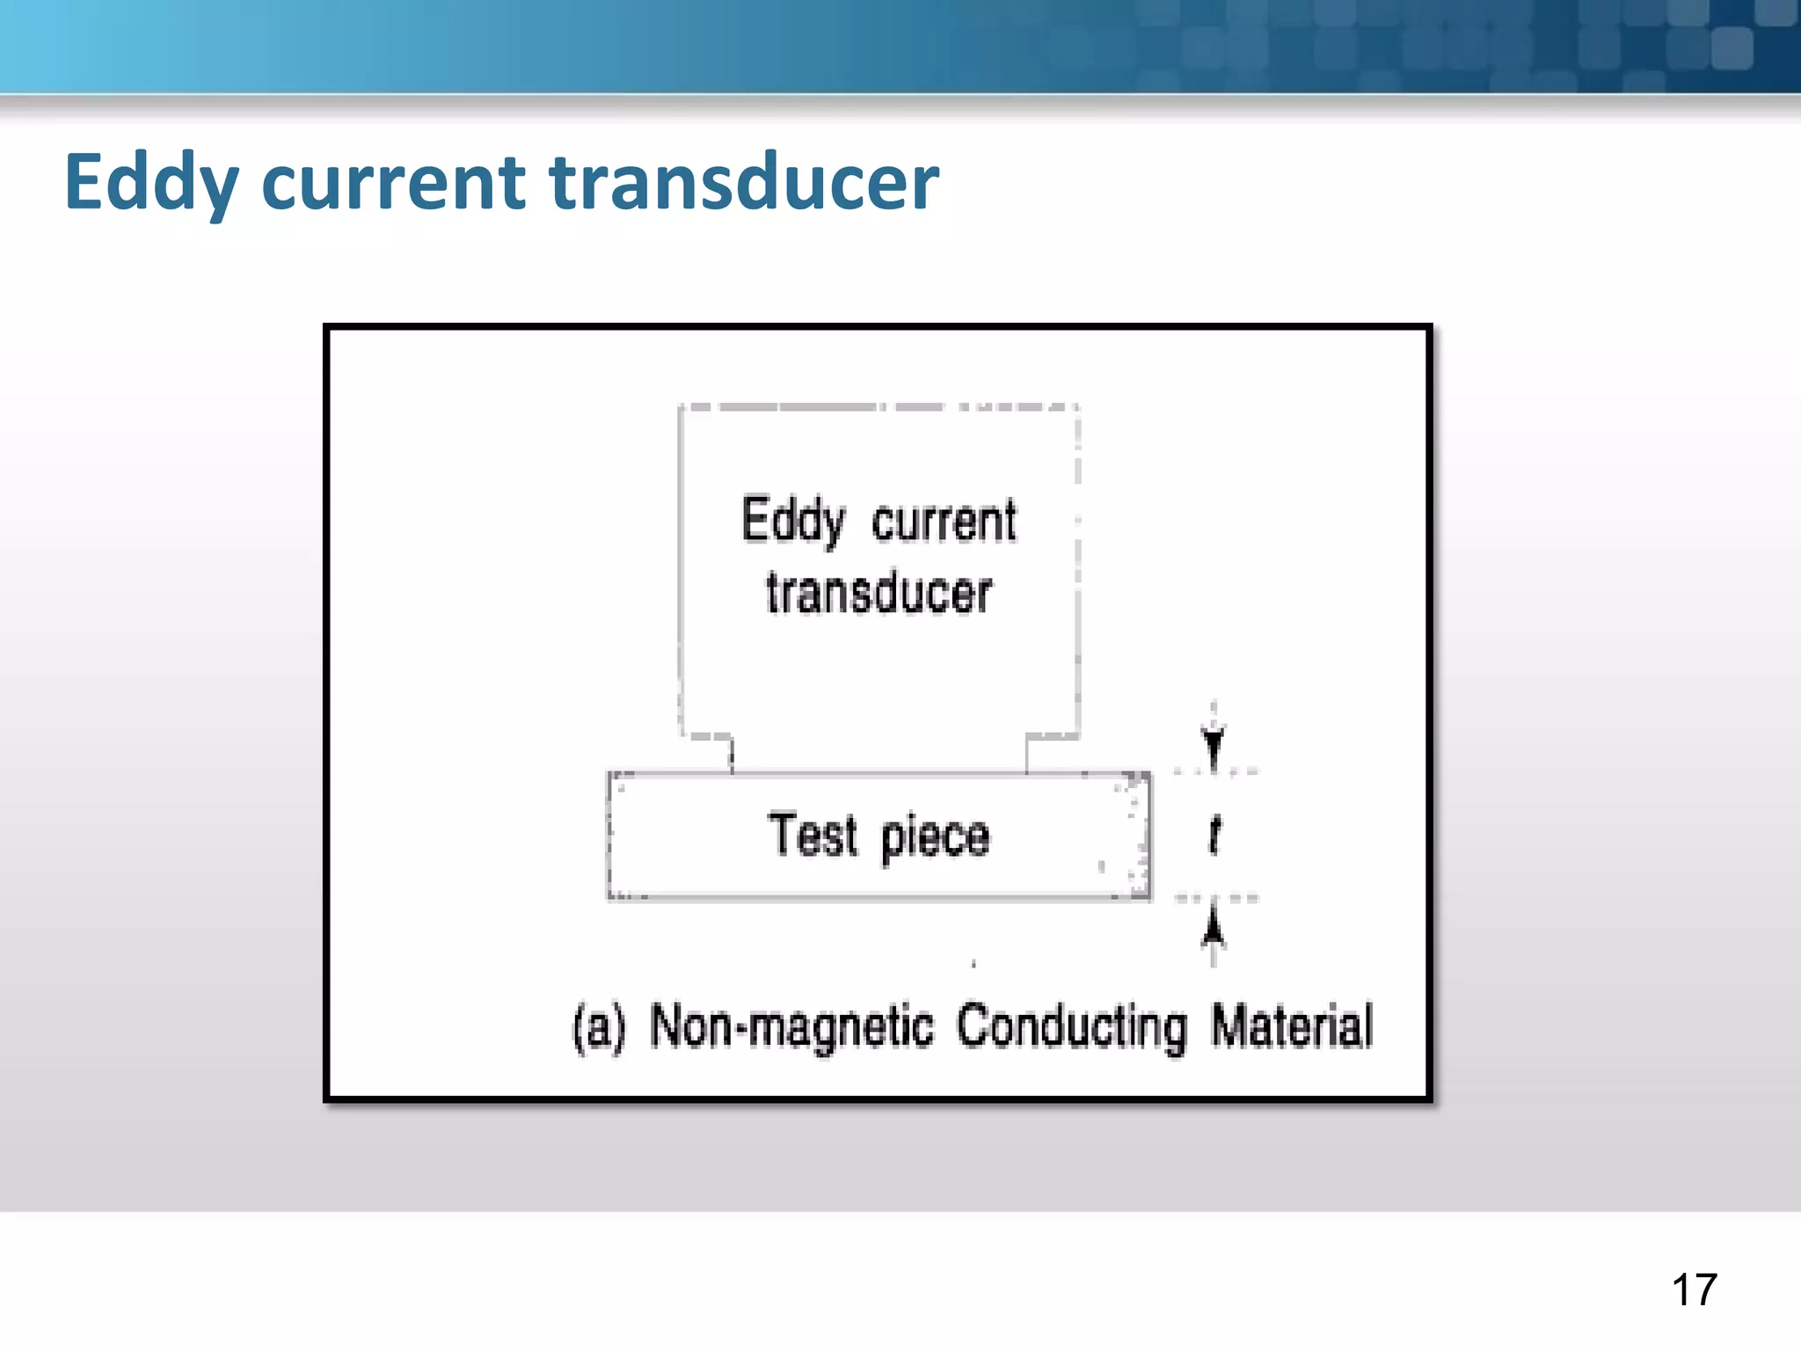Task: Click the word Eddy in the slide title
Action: pyautogui.click(x=151, y=183)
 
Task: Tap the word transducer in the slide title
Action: pyautogui.click(x=744, y=183)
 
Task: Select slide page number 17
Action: pyautogui.click(x=1694, y=1290)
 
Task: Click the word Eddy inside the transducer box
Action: pyautogui.click(x=792, y=521)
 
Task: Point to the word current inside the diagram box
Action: pyautogui.click(x=944, y=521)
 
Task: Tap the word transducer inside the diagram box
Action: pyautogui.click(x=879, y=592)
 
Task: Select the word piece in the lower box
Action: pyautogui.click(x=935, y=836)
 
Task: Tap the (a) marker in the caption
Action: pyautogui.click(x=599, y=1026)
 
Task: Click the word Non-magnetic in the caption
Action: pyautogui.click(x=791, y=1026)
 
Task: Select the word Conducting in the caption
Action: pyautogui.click(x=1071, y=1026)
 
